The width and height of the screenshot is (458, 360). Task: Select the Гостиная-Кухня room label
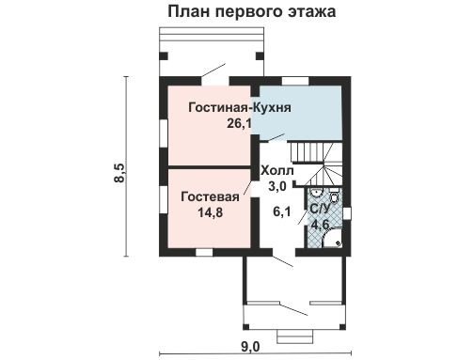coord(240,107)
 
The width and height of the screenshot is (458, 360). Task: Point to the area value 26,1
coord(239,124)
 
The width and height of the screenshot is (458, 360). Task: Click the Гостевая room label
coord(210,196)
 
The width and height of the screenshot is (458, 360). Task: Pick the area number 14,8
coord(211,212)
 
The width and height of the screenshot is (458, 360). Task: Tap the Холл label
coord(277,171)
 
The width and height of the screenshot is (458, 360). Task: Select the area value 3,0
coord(277,187)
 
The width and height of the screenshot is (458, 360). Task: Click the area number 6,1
coord(282,211)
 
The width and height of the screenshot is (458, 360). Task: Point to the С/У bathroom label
coord(320,209)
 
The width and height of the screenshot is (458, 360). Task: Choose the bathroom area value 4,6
coord(320,225)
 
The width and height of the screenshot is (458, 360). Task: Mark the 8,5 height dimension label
coord(119,172)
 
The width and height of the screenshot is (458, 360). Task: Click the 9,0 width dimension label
coord(250,347)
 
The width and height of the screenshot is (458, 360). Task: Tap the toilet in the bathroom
coord(335,195)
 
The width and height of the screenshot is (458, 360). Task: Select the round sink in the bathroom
coord(316,192)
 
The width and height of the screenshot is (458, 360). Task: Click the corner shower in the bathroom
coord(332,238)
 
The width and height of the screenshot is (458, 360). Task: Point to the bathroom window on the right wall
coord(346,213)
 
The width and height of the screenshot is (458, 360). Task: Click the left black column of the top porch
coord(164,56)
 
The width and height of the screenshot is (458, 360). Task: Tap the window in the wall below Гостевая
coord(204,253)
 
